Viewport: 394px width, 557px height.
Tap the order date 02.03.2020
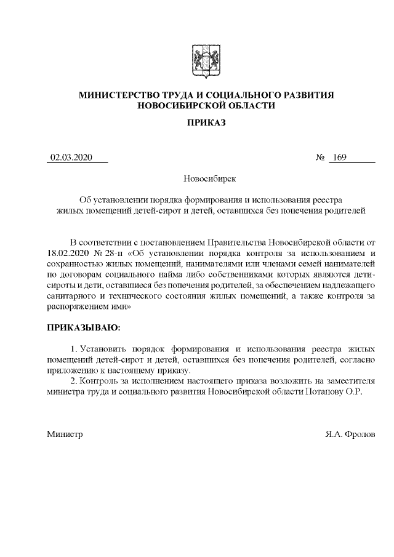click(71, 158)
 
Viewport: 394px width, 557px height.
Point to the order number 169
click(338, 158)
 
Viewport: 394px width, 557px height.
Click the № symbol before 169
click(320, 158)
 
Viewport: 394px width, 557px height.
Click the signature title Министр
click(65, 434)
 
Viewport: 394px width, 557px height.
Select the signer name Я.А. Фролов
click(350, 434)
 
